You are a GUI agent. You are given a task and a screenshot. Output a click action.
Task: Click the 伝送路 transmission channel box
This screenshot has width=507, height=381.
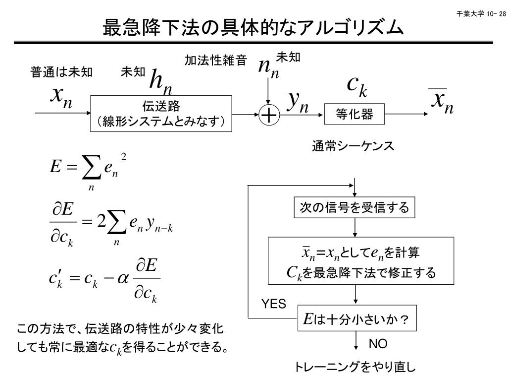pyautogui.click(x=161, y=114)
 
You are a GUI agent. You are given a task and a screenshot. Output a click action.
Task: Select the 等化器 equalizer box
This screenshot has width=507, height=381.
pyautogui.click(x=354, y=115)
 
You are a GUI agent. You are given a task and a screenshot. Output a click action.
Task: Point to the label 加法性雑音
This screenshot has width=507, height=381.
pyautogui.click(x=215, y=61)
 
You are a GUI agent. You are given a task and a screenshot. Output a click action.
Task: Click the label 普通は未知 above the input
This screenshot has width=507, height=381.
pyautogui.click(x=61, y=73)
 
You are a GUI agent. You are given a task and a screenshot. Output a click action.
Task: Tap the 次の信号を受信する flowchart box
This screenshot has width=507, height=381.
pyautogui.click(x=355, y=208)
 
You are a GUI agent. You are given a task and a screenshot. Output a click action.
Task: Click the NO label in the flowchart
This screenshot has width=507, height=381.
pyautogui.click(x=378, y=344)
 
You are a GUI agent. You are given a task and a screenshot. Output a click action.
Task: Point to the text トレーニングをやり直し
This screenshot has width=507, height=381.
pyautogui.click(x=355, y=367)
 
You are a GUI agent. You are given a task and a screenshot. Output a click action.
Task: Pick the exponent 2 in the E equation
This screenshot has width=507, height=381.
pyautogui.click(x=124, y=157)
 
